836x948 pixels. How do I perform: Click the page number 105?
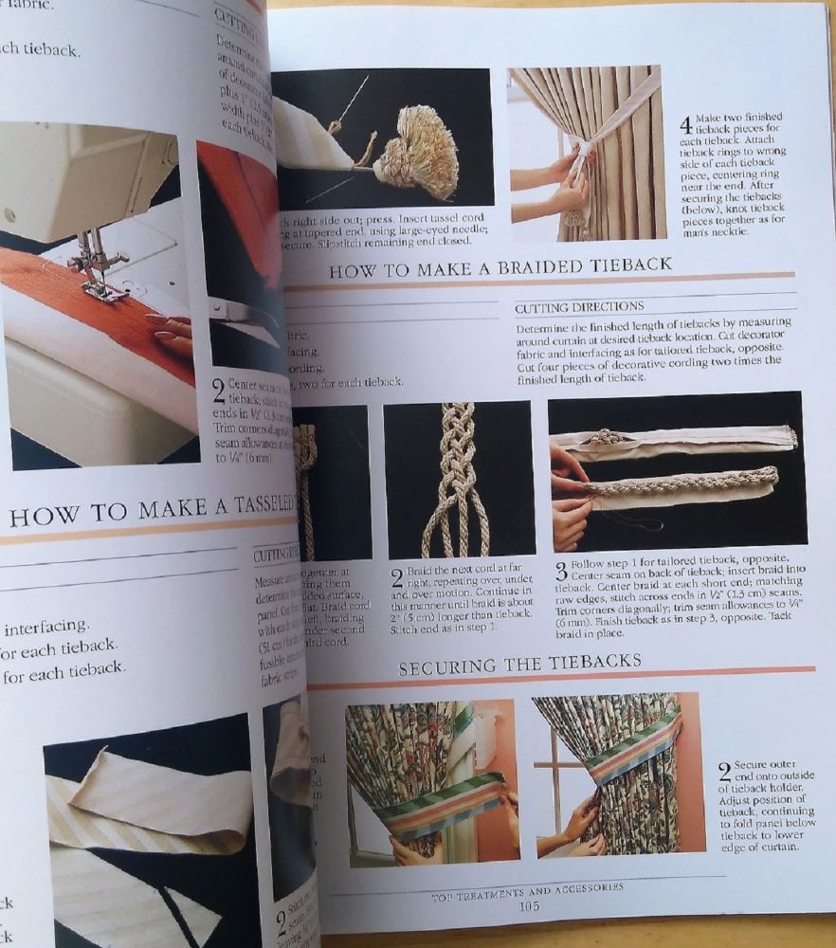tap(529, 905)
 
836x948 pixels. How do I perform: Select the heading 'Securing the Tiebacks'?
tap(519, 664)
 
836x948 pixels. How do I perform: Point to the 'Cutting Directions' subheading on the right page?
tap(578, 307)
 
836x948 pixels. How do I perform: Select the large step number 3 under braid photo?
tap(561, 572)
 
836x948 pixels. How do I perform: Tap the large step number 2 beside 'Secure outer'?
tap(724, 770)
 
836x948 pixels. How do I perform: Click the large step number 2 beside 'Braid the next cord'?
tap(397, 579)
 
